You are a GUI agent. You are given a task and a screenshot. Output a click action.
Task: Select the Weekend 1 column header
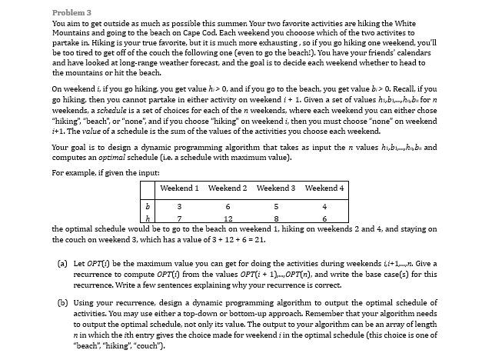tap(178, 188)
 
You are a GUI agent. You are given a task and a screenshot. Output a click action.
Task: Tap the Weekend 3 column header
tap(274, 188)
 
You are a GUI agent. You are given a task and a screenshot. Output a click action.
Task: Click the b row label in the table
tap(147, 205)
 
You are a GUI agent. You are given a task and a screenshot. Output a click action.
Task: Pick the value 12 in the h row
tap(228, 218)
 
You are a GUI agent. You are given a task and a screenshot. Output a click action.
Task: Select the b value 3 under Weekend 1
tap(179, 205)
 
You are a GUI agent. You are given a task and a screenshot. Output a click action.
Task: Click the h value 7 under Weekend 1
tap(179, 218)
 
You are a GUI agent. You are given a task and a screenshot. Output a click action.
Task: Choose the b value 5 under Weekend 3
tap(275, 205)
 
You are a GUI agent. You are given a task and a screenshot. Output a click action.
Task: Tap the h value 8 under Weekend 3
tap(275, 218)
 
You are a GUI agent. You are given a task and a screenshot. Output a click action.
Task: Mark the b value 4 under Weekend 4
tap(324, 205)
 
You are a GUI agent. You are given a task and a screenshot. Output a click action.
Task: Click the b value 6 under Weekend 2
tap(228, 205)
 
